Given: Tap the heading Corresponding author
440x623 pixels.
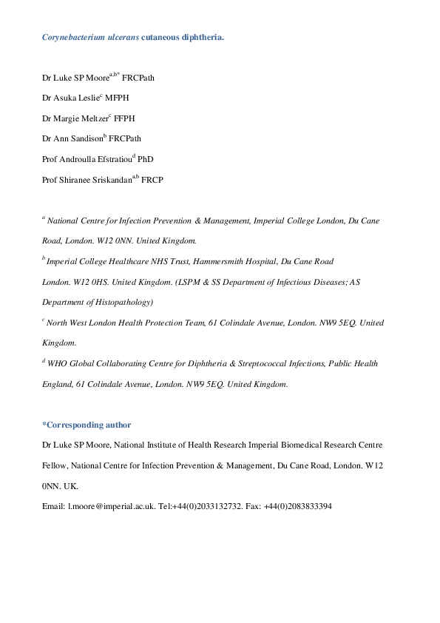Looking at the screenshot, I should click(89, 425).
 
